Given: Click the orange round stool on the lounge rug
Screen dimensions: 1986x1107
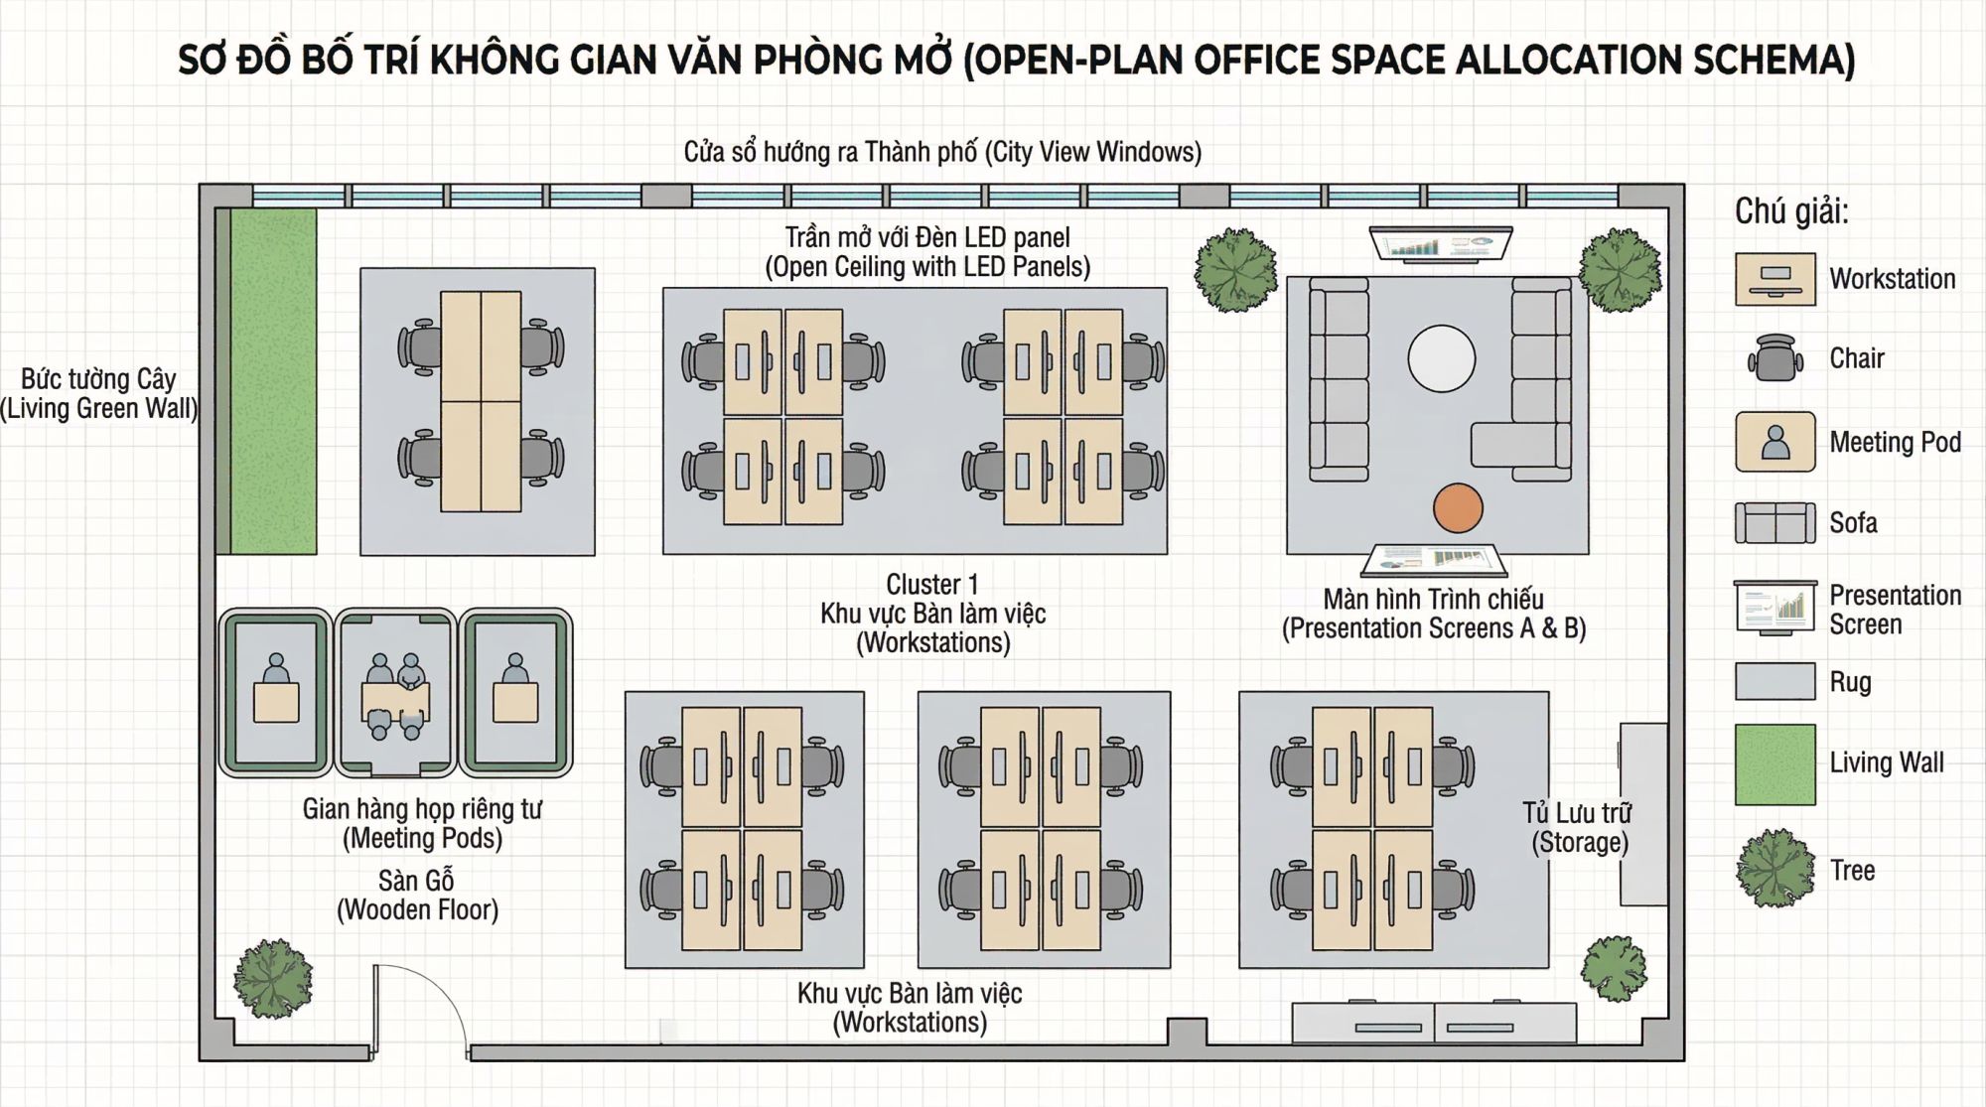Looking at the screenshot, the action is tap(1458, 508).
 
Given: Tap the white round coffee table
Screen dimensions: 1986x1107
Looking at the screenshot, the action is tap(1441, 358).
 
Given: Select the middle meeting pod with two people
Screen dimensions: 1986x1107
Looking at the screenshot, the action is tap(395, 693).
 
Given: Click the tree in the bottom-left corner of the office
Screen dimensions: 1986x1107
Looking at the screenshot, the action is tap(273, 979).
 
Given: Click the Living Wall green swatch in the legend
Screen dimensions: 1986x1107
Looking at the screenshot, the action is tap(1774, 764).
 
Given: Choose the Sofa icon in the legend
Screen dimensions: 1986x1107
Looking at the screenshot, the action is tap(1774, 523).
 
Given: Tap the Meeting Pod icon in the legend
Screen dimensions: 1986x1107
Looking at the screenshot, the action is tap(1774, 442).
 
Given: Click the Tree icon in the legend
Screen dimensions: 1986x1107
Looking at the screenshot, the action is tap(1775, 869).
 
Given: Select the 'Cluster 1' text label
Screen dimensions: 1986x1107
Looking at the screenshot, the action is tap(931, 584).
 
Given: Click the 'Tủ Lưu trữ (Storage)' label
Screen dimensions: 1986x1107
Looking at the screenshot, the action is tap(1578, 828).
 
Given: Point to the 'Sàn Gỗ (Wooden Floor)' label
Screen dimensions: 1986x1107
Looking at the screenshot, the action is tap(417, 896).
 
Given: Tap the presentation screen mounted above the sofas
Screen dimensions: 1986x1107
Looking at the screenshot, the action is tap(1441, 244).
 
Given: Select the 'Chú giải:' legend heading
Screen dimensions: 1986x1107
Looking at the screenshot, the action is tap(1791, 211).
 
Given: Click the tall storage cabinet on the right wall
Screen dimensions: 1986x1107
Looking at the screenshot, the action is tap(1642, 814).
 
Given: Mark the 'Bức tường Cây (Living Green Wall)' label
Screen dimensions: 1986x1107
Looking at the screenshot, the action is tap(99, 394).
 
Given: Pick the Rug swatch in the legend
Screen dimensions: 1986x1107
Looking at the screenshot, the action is tap(1774, 682).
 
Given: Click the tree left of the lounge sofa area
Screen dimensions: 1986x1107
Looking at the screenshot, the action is tap(1236, 270).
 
